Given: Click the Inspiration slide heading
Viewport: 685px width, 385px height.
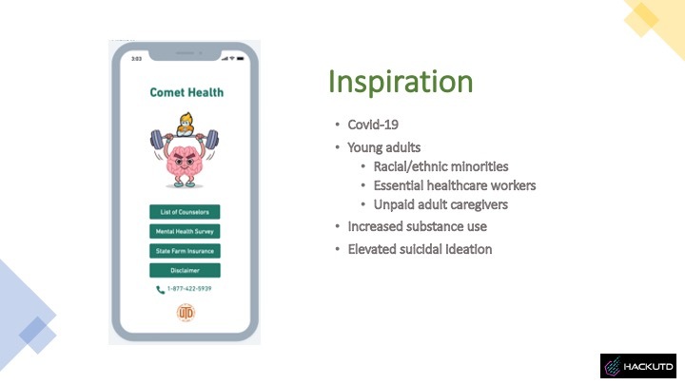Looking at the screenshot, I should pos(401,83).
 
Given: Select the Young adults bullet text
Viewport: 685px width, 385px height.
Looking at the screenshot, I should pos(384,147).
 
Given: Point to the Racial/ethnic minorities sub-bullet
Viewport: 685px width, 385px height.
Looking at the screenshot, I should pos(440,166).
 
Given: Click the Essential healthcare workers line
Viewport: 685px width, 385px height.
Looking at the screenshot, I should pos(454,185).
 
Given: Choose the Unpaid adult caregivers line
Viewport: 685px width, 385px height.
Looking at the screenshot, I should pos(440,204).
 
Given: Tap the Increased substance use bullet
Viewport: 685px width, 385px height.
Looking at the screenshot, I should pos(417,226).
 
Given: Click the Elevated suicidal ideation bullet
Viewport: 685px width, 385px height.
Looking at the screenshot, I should pos(420,249).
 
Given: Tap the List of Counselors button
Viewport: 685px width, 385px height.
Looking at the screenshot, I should pos(186,212).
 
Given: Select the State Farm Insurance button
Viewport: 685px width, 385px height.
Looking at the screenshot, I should pos(186,251).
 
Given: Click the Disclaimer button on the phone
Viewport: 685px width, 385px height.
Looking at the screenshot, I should pos(186,270).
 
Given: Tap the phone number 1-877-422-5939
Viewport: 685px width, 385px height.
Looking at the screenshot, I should pos(190,289).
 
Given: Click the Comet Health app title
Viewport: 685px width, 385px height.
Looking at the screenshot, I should pos(186,92).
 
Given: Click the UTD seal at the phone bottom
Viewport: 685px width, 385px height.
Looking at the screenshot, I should pos(186,314).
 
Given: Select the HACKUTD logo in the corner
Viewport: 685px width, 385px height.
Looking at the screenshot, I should pos(637,367).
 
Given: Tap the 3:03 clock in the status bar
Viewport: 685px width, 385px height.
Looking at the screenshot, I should pos(136,59).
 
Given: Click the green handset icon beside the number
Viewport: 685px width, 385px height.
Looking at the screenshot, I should pos(160,289).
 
